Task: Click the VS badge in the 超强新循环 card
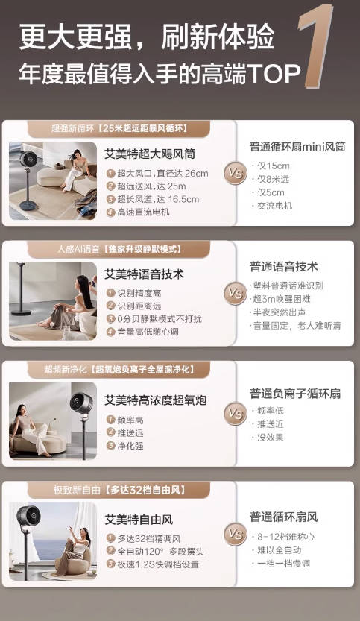point(236,174)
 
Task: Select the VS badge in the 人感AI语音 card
point(236,293)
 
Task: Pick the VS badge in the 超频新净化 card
point(236,412)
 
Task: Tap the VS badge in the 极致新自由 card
point(236,534)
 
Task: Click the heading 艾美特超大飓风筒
point(150,154)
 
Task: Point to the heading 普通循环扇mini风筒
point(297,147)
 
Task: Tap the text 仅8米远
point(274,179)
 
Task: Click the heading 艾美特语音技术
point(144,274)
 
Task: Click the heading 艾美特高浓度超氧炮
point(155,400)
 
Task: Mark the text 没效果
point(271,438)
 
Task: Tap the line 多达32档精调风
point(148,538)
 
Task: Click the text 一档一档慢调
point(284,564)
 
